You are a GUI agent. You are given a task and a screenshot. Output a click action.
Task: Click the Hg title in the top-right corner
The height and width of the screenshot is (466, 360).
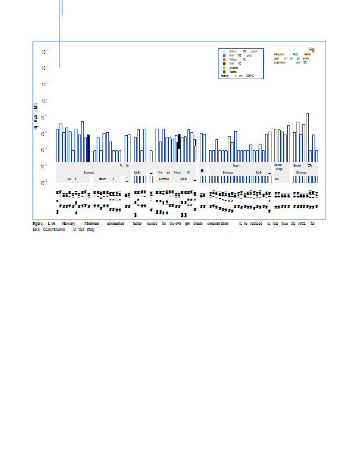pyautogui.click(x=312, y=50)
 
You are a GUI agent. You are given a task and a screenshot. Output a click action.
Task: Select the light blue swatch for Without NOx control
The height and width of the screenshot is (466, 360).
pyautogui.click(x=224, y=52)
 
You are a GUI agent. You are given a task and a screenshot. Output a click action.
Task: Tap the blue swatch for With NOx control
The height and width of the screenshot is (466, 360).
pyautogui.click(x=224, y=55)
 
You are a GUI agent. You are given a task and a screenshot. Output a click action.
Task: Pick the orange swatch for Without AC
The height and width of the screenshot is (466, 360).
pyautogui.click(x=224, y=59)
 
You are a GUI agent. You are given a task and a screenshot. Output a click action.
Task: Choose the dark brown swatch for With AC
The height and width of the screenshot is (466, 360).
pyautogui.click(x=224, y=63)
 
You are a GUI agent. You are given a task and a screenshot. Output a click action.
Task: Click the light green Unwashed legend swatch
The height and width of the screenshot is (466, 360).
pyautogui.click(x=224, y=68)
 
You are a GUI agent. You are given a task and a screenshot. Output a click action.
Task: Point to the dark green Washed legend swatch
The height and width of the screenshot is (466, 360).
pyautogui.click(x=224, y=72)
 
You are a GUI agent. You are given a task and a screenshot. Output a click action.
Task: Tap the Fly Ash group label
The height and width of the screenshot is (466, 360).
pyautogui.click(x=124, y=165)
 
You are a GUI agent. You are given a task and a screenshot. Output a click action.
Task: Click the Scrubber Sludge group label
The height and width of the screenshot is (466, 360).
pyautogui.click(x=278, y=167)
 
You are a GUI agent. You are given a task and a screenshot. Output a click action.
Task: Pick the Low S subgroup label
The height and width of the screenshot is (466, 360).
pyautogui.click(x=72, y=179)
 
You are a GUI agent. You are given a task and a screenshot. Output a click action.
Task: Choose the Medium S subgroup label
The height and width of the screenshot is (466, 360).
pyautogui.click(x=105, y=179)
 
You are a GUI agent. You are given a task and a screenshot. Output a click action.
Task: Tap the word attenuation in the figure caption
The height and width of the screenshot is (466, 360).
pyautogui.click(x=115, y=223)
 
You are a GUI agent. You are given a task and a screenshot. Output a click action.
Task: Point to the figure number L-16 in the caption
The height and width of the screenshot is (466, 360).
pyautogui.click(x=51, y=223)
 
